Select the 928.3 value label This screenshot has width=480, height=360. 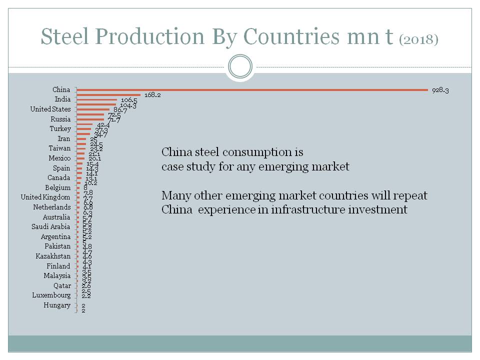(440, 90)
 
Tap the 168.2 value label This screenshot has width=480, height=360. (152, 95)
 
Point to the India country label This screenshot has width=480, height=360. (62, 99)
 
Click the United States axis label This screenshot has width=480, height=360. (50, 109)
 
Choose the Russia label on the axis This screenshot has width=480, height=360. (60, 119)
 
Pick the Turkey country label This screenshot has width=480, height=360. (60, 129)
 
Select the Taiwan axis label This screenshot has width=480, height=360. (59, 148)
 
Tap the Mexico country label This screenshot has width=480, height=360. (59, 158)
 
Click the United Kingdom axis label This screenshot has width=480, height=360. (45, 197)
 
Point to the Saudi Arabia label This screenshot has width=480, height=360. (51, 227)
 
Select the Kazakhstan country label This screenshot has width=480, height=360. (53, 256)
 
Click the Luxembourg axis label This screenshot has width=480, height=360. (51, 295)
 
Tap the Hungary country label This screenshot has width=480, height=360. (57, 305)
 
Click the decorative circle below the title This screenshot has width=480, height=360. (239, 66)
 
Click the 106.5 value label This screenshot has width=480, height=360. (129, 100)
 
